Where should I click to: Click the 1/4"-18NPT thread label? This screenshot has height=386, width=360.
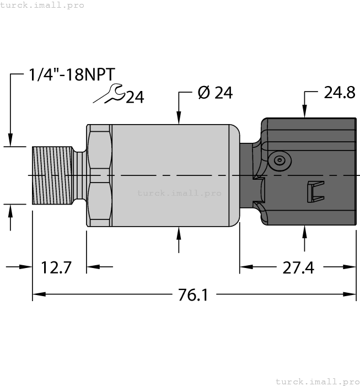pyautogui.click(x=73, y=76)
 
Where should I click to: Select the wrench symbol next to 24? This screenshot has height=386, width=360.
pyautogui.click(x=110, y=94)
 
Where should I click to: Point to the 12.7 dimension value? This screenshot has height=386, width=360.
pyautogui.click(x=56, y=267)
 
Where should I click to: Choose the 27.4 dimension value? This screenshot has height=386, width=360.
pyautogui.click(x=298, y=267)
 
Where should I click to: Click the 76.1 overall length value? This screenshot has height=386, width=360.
pyautogui.click(x=193, y=295)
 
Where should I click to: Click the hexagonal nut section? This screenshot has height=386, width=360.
pyautogui.click(x=99, y=175)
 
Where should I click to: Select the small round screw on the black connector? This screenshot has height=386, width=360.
pyautogui.click(x=280, y=160)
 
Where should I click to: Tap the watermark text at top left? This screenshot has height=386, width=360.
pyautogui.click(x=42, y=5)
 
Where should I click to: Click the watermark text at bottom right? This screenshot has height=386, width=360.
pyautogui.click(x=317, y=381)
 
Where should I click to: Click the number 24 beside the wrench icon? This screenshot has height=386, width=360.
pyautogui.click(x=135, y=98)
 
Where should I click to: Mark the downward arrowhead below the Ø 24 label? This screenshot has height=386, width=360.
pyautogui.click(x=179, y=117)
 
